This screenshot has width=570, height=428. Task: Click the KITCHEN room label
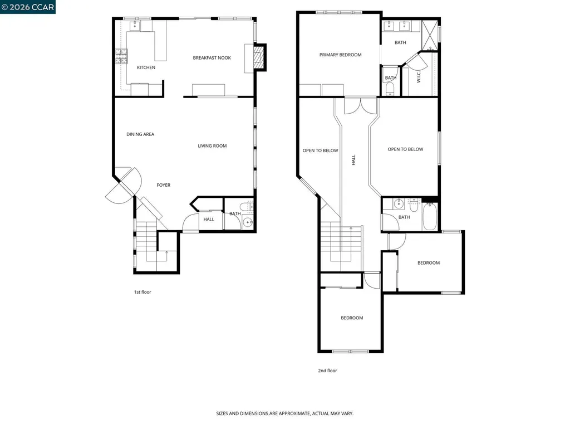coord(146,67)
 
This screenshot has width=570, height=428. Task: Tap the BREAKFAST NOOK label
coord(212,58)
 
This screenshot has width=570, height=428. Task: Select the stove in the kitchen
coord(121,56)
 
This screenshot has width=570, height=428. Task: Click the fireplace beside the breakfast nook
coord(258,57)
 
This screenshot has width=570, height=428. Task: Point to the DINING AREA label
coord(140,134)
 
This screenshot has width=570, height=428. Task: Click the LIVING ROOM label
coord(212,146)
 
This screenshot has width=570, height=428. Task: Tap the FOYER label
coord(163,185)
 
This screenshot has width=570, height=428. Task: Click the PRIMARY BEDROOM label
coord(340,55)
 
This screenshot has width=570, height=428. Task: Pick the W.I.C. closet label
coord(419,77)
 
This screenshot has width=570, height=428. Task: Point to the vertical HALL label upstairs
coord(353,160)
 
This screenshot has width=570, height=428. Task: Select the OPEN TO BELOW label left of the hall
coord(320,150)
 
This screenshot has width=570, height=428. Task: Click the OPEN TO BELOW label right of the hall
coord(405,149)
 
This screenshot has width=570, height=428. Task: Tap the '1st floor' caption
coord(142,292)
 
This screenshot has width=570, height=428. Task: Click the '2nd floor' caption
coord(328,371)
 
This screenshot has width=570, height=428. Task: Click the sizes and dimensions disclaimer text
coord(285,414)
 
